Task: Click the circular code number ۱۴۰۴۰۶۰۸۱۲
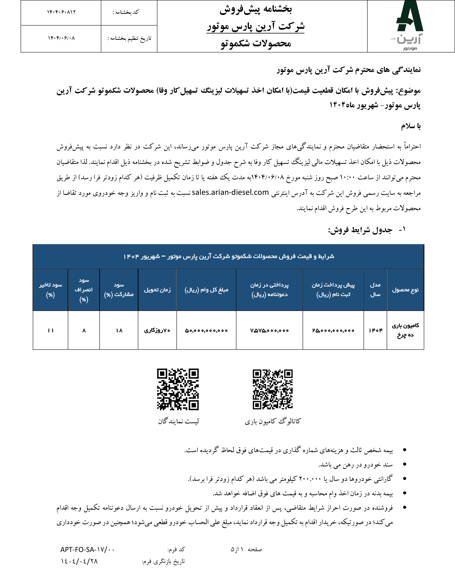coord(61,12)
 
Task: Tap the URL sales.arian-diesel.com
coord(230,192)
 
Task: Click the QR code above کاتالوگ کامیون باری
coord(272,389)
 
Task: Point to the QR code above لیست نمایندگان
coord(178,389)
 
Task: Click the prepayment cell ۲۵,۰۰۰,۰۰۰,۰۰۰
coord(333,331)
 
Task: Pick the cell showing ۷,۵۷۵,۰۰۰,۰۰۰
coord(269,331)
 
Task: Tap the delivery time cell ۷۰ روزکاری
coord(157,331)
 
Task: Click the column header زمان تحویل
coord(157,290)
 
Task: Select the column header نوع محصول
coord(405,290)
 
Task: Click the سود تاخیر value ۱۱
coord(51,331)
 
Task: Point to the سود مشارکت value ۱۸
coord(119,331)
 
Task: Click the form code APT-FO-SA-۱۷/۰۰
coord(87,549)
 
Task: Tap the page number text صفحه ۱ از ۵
coord(246,549)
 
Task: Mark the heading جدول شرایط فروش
coord(360,230)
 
